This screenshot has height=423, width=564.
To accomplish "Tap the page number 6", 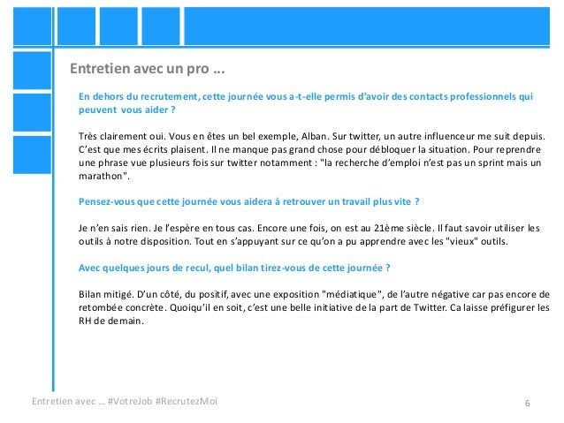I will pyautogui.click(x=527, y=403).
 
